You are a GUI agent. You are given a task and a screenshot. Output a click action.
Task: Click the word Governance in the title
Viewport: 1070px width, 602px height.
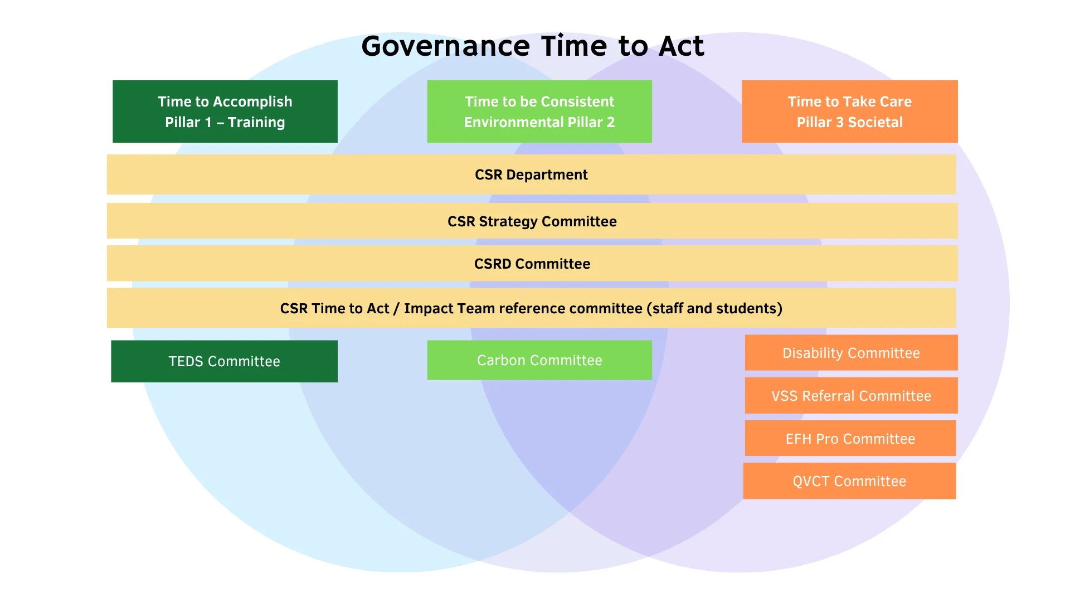445,47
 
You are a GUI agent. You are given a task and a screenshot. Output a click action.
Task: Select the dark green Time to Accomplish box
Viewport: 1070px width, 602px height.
225,111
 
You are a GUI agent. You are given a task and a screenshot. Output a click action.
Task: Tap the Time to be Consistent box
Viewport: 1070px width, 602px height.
539,111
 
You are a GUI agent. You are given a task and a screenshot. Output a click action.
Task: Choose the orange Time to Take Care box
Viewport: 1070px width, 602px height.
850,111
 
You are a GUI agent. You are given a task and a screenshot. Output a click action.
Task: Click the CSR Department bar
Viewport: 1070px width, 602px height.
532,174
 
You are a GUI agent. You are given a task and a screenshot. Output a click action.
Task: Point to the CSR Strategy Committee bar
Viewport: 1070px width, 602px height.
532,221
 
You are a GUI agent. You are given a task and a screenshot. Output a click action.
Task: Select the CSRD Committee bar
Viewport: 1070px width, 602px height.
532,263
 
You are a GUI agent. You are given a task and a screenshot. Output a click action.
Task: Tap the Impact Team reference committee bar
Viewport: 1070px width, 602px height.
532,308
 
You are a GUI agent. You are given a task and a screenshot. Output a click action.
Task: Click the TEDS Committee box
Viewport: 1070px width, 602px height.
225,361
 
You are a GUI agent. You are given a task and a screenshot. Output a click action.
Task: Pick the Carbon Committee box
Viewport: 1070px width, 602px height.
539,360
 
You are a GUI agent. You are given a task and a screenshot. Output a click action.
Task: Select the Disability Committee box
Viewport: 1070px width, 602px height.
852,352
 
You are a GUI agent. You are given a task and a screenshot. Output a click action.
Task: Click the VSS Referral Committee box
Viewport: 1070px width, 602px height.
852,395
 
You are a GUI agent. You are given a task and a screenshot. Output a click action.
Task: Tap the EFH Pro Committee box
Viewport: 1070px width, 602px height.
850,438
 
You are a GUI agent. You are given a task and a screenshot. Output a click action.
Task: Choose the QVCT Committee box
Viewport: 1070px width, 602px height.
850,480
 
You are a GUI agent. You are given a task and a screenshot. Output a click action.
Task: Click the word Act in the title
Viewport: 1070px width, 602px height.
682,46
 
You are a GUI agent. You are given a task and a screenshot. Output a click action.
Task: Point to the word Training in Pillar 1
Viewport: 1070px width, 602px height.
256,122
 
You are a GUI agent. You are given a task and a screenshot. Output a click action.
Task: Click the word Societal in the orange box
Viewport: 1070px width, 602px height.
875,122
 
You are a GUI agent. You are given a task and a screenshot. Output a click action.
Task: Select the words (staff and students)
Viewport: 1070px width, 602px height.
714,308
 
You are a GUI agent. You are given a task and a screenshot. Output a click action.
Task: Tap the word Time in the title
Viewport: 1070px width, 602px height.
574,46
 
